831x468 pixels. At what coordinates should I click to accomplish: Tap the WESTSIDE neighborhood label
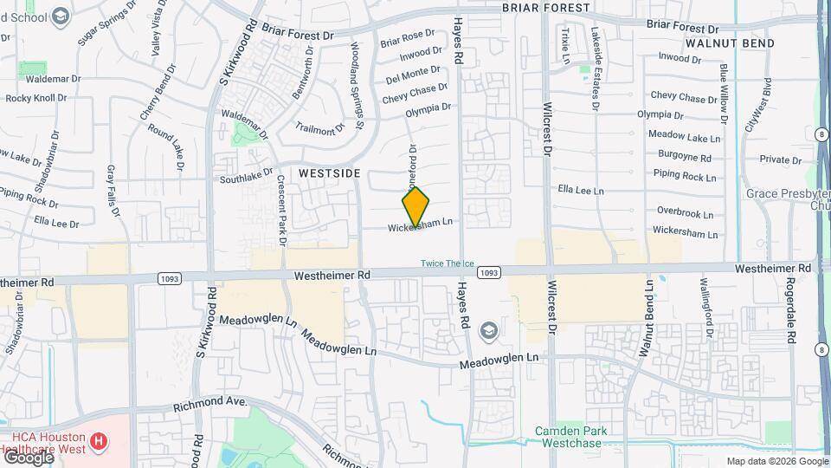(x=329, y=173)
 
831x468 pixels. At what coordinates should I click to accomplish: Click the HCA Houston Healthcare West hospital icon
(x=99, y=441)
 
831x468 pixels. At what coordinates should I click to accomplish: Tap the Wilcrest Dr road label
(x=547, y=130)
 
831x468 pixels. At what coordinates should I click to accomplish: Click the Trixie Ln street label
(x=565, y=45)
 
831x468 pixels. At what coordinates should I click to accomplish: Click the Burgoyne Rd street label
(x=684, y=158)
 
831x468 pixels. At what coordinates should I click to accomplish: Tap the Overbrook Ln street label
(x=685, y=212)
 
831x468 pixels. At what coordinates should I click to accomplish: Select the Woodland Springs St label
(x=358, y=85)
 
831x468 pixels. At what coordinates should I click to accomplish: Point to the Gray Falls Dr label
(x=111, y=189)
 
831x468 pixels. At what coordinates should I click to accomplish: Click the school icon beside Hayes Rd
(x=489, y=330)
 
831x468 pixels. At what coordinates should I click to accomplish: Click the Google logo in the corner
(x=28, y=458)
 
